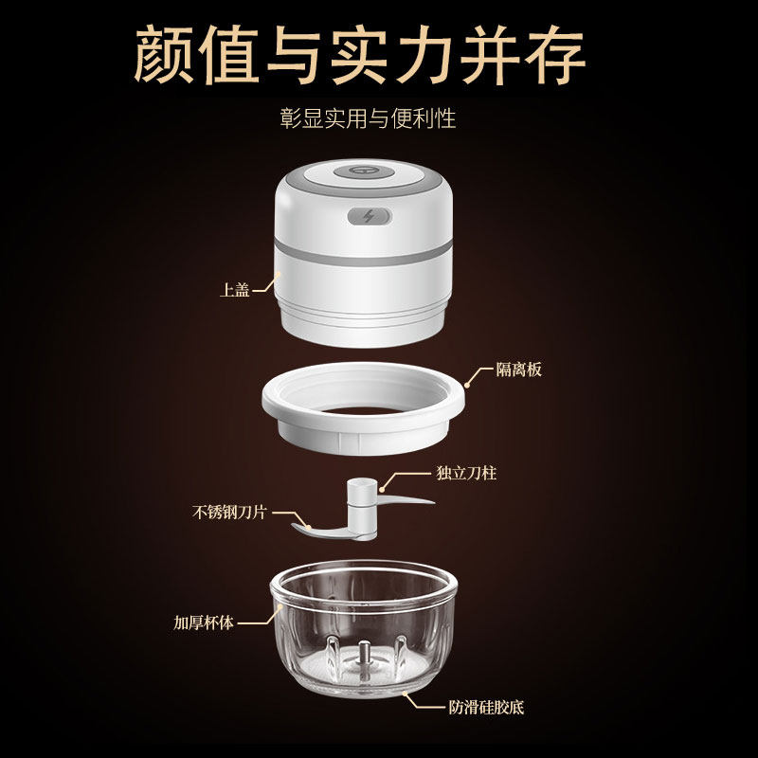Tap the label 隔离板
[518, 370]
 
